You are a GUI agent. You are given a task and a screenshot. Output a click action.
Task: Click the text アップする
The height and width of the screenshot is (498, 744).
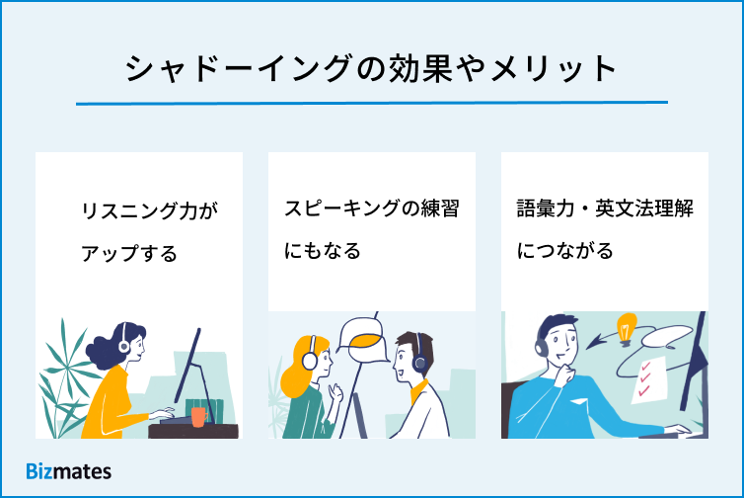[x=129, y=253]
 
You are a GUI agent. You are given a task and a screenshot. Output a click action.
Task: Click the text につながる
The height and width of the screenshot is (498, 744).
[x=565, y=251]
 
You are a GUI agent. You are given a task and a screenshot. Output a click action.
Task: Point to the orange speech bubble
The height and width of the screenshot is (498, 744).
[x=367, y=340]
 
